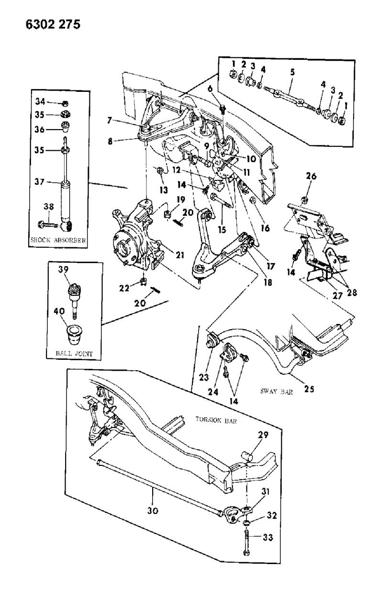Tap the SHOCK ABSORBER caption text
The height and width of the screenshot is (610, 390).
[x=58, y=241]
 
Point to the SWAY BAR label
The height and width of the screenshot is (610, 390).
[x=276, y=391]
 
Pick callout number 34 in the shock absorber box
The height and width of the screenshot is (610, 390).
[x=41, y=101]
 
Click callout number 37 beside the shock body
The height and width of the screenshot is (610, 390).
[x=41, y=182]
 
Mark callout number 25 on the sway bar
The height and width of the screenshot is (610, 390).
[x=309, y=389]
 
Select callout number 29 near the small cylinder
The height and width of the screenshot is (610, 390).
[x=263, y=434]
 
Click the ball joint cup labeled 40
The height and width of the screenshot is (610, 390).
[x=74, y=333]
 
